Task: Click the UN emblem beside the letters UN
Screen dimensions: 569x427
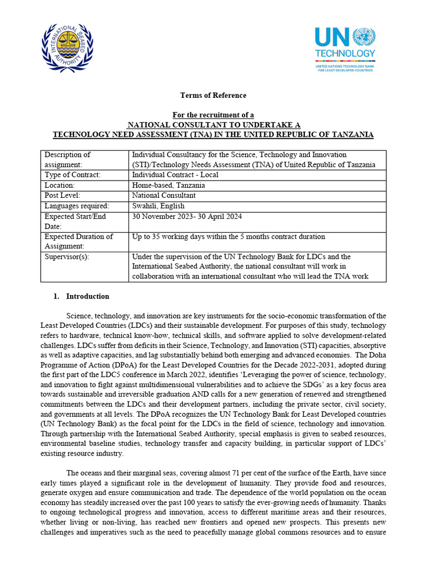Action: [364, 37]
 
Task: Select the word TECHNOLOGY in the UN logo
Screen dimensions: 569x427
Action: [345, 54]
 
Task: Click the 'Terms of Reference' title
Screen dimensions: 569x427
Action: [213, 96]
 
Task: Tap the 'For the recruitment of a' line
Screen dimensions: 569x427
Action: [213, 115]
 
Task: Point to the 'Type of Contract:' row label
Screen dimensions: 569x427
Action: [73, 175]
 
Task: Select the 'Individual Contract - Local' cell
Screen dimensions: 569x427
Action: [175, 175]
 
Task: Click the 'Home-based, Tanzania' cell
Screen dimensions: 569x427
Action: [168, 186]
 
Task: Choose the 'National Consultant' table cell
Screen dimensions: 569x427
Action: [163, 196]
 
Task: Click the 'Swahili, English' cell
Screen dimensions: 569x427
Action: [158, 206]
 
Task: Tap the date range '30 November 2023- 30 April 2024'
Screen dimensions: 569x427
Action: [187, 217]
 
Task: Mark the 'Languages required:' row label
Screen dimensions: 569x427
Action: [77, 206]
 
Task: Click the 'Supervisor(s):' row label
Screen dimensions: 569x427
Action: [67, 257]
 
